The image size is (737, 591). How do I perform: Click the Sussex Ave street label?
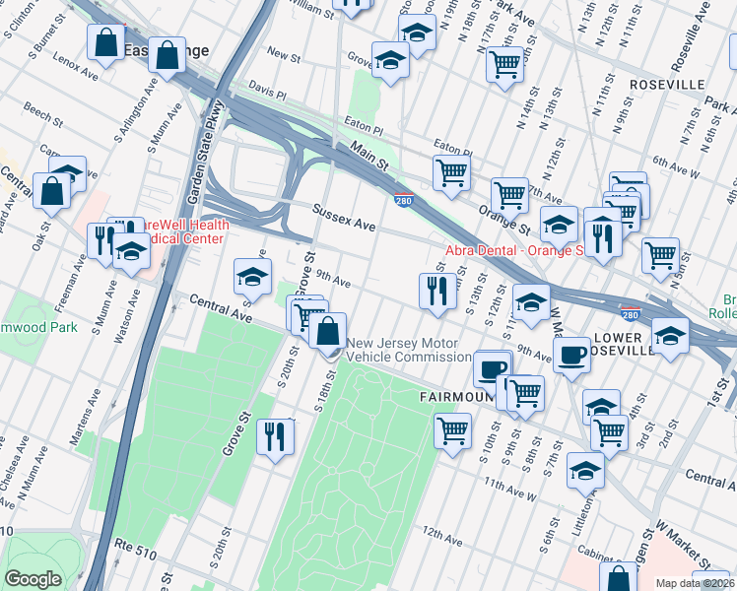click(x=344, y=218)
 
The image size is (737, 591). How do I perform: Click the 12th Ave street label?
click(x=441, y=538)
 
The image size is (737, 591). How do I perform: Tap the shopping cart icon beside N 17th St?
click(x=504, y=65)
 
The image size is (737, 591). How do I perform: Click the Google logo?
click(x=33, y=579)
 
